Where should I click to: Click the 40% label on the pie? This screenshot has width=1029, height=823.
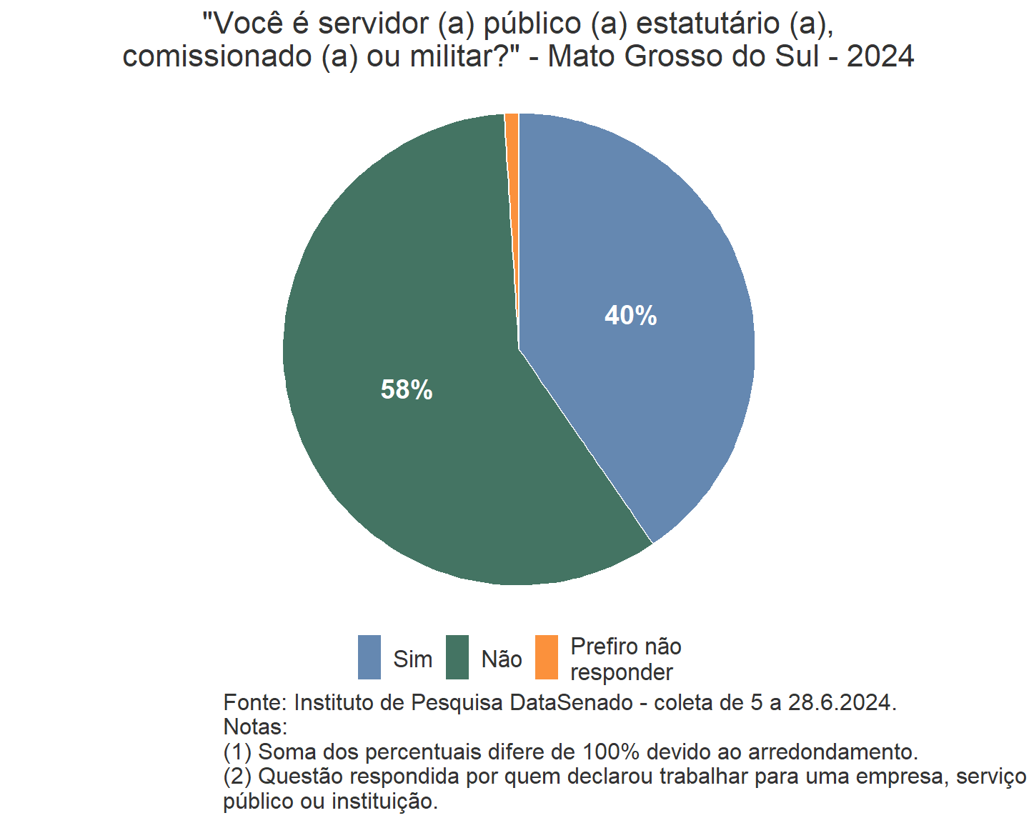tap(630, 316)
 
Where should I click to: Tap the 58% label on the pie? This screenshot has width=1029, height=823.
tap(407, 390)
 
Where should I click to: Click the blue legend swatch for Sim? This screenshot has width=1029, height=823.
tap(369, 657)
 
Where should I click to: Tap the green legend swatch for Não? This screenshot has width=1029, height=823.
tap(457, 657)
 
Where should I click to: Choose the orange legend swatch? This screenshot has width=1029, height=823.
tap(547, 657)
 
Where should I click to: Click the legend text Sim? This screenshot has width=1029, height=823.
tap(412, 659)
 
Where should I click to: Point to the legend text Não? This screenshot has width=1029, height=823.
tap(502, 659)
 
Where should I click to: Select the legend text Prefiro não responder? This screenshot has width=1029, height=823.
tap(625, 659)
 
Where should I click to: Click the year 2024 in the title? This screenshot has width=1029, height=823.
tap(880, 56)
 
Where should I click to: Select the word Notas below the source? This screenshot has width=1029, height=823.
tap(254, 727)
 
